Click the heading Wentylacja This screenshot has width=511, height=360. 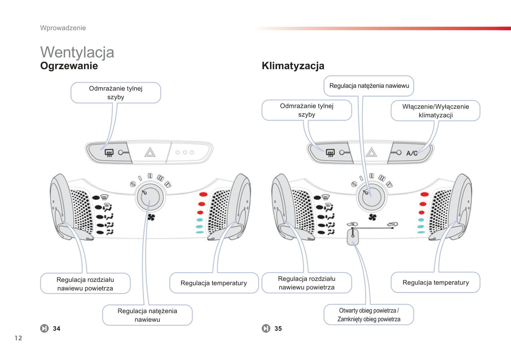(77, 52)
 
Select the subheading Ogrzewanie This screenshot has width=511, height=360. (69, 66)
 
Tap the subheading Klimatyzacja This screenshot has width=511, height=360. (293, 66)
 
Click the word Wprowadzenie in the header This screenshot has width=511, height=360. (63, 28)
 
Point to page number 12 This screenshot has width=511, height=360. (18, 338)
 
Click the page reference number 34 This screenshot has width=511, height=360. (57, 329)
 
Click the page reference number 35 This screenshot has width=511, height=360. (278, 329)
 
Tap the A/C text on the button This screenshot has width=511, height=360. (412, 153)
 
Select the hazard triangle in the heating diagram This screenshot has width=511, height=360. (150, 153)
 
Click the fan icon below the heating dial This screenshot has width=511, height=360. (151, 217)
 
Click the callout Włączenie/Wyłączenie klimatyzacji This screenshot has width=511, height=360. (435, 111)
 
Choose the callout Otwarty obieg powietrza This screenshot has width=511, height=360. (368, 315)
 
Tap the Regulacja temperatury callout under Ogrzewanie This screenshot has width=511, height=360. (214, 283)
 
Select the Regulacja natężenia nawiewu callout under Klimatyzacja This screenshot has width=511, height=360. (369, 86)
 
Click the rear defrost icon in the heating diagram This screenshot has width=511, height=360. (109, 153)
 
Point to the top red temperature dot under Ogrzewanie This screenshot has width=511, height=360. (203, 194)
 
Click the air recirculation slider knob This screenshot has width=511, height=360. (353, 236)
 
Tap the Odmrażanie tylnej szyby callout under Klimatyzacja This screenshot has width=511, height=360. (307, 110)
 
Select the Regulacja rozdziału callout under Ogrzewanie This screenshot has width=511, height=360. (85, 284)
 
